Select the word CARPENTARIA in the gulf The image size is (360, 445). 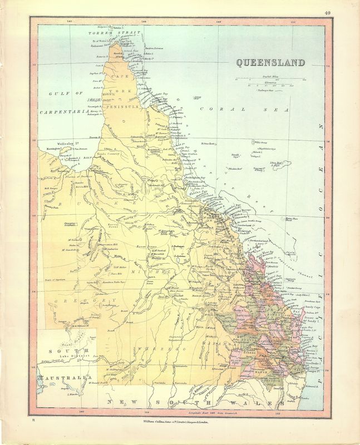tap(64, 112)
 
